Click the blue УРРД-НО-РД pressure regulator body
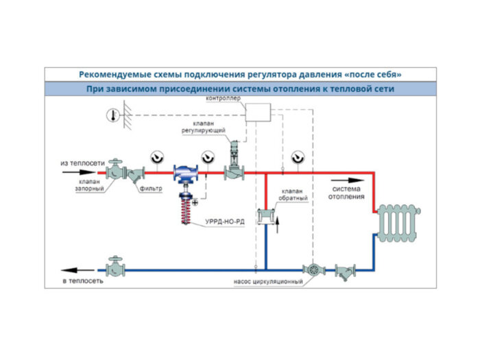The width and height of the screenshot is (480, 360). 184,174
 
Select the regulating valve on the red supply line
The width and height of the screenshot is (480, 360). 235,167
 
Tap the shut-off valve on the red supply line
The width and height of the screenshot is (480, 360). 117,172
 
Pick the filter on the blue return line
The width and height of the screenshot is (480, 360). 342,271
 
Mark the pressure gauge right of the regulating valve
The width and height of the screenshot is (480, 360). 297,157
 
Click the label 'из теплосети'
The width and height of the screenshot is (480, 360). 82,163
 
